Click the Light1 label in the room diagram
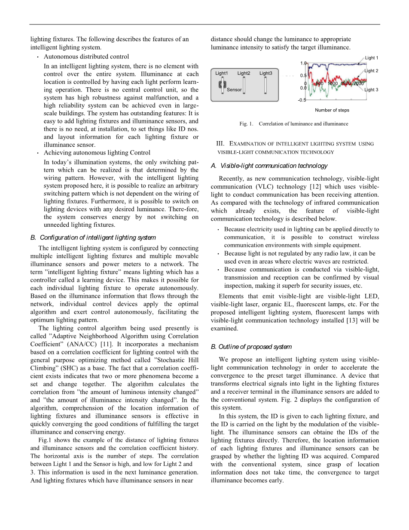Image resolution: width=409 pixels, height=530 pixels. (x=222, y=74)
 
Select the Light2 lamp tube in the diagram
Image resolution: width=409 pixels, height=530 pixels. (x=244, y=85)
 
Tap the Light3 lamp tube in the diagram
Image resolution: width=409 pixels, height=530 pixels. (x=266, y=85)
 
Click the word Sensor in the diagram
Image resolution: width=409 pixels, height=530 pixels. (x=234, y=90)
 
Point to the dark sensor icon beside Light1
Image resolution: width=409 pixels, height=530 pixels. (x=223, y=85)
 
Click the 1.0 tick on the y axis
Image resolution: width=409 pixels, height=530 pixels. (x=303, y=63)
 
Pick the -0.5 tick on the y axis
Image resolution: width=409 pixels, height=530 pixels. (x=302, y=100)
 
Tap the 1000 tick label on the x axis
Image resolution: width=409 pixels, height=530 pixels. (x=333, y=83)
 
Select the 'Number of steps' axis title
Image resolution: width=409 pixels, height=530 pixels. (x=332, y=110)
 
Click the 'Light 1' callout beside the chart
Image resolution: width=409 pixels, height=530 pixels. (x=372, y=58)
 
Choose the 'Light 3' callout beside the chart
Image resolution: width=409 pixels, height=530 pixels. (x=371, y=90)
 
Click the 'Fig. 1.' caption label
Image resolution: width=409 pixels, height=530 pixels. (x=247, y=124)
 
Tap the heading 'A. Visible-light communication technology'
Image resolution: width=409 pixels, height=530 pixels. (x=269, y=166)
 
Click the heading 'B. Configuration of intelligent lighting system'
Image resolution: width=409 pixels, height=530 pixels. (x=93, y=237)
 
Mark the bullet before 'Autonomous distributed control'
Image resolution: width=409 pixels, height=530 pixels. (x=38, y=57)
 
